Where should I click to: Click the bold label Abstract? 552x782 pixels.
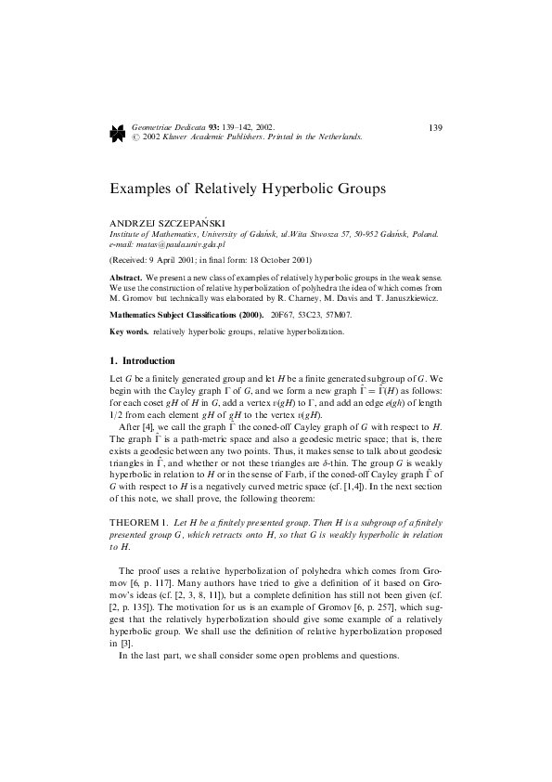125,278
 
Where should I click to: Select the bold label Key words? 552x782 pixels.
130,332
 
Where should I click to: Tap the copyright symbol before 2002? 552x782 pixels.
136,137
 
